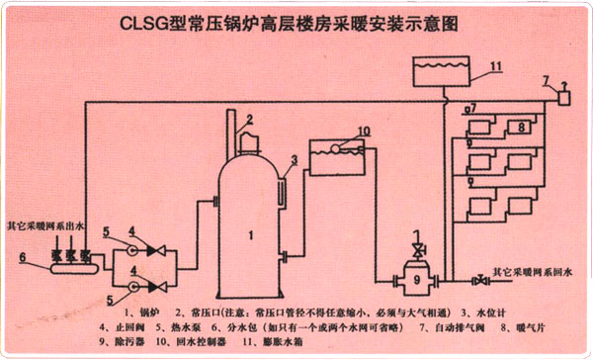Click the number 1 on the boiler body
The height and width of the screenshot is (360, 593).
tap(251, 234)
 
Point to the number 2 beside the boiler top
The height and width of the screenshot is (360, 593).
tap(250, 120)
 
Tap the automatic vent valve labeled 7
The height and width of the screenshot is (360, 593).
tap(564, 97)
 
